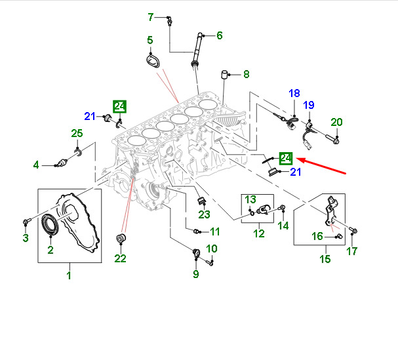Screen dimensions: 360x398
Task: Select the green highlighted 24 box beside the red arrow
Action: (x=286, y=158)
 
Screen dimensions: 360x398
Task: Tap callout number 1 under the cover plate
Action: (x=69, y=275)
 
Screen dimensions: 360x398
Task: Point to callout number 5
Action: (x=150, y=41)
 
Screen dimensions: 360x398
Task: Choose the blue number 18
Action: (x=294, y=94)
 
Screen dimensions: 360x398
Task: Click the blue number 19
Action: (x=309, y=105)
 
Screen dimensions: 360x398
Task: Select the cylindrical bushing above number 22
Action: (x=120, y=237)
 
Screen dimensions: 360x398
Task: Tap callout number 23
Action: (x=204, y=214)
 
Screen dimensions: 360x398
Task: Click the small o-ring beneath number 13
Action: (x=251, y=212)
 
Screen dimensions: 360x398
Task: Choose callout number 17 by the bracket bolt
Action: (x=353, y=250)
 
